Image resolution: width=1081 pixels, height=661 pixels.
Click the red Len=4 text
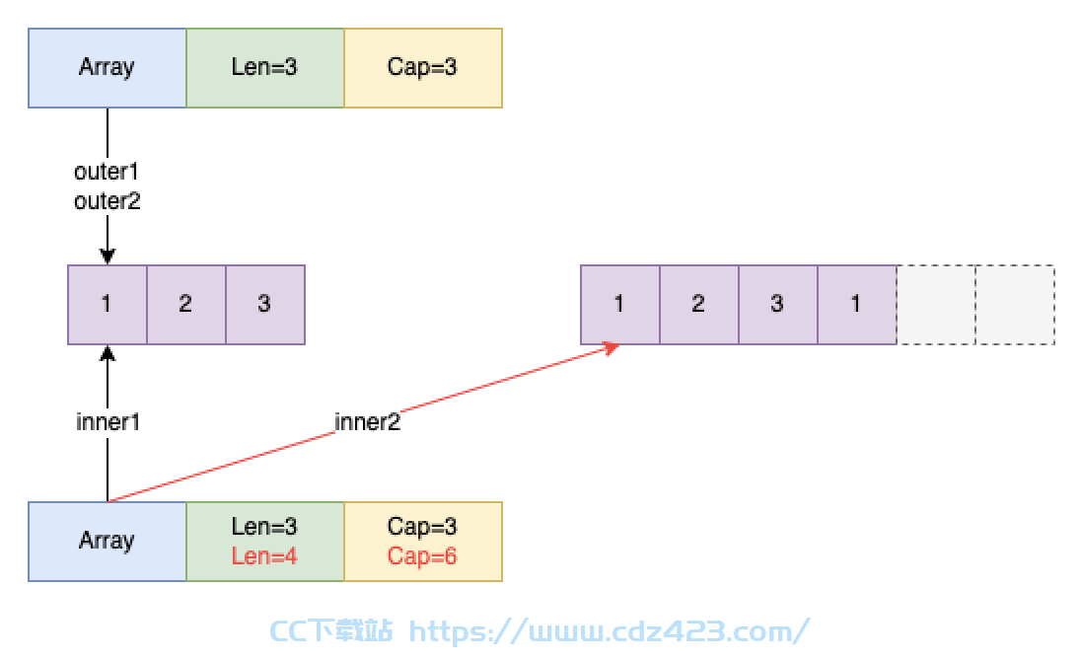[x=264, y=556]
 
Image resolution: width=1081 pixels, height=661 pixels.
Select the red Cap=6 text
[x=422, y=556]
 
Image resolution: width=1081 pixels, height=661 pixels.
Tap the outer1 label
[x=107, y=172]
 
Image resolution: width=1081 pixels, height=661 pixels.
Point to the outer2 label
[x=107, y=201]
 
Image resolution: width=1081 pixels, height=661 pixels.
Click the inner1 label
[x=108, y=422]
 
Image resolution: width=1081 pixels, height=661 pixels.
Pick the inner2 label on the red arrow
[x=368, y=422]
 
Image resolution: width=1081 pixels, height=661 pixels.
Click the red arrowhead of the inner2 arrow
[x=611, y=349]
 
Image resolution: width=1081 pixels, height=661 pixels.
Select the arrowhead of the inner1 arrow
[x=108, y=353]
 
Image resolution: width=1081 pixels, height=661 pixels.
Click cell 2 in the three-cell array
[x=186, y=305]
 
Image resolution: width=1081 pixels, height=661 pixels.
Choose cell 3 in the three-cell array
[x=265, y=305]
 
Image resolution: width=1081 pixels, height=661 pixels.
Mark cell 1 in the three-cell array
[x=108, y=305]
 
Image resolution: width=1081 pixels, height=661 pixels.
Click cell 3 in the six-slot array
[x=778, y=305]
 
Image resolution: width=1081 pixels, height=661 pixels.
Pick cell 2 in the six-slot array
[x=699, y=305]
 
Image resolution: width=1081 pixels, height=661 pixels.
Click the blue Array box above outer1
[x=108, y=68]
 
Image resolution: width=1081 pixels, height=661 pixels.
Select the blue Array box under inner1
[x=108, y=542]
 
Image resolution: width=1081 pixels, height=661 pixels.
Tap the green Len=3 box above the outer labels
[x=265, y=68]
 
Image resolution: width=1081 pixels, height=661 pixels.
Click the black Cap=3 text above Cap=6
[x=422, y=527]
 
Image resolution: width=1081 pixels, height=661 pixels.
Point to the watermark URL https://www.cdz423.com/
[x=609, y=631]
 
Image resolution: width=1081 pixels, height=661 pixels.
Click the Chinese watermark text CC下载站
[x=331, y=631]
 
